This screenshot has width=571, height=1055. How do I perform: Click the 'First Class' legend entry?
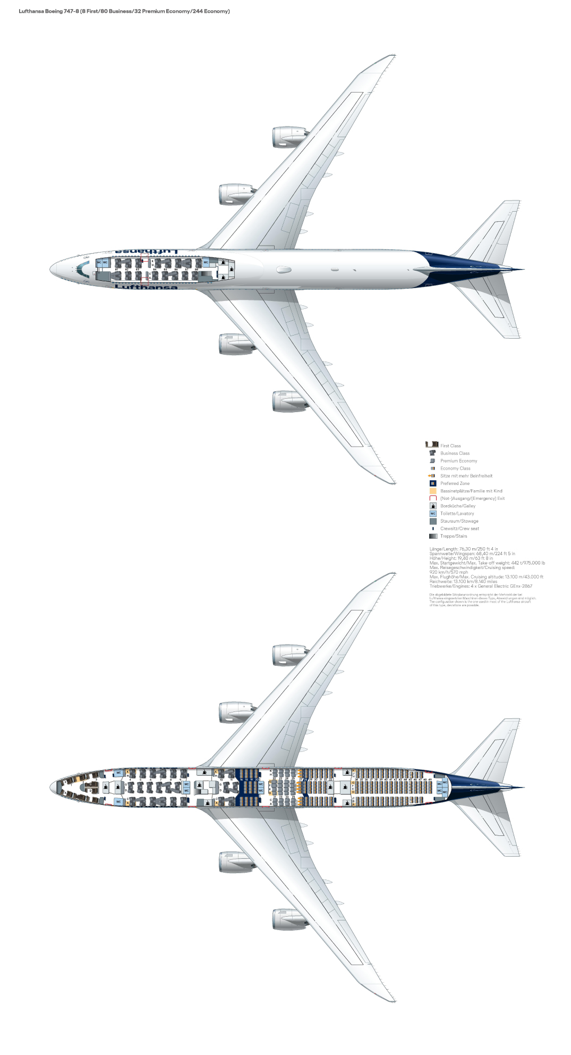coord(450,446)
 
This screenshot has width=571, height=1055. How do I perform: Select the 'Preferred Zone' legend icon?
coord(432,483)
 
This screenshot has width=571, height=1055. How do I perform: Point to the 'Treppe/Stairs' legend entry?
coord(453,536)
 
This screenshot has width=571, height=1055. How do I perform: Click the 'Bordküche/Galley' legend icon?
coord(432,506)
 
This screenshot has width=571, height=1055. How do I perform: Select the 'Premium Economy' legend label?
coord(458,461)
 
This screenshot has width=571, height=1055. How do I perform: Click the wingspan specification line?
coord(472,554)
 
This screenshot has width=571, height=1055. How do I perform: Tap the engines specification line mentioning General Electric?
coord(481,586)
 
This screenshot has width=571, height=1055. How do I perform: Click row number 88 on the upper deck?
coord(197,270)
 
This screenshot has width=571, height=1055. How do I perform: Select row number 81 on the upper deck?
coord(116,270)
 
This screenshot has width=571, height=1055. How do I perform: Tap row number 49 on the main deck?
coord(430,780)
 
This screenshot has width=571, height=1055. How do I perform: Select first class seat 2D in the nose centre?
coord(90,791)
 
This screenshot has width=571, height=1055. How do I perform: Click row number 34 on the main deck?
coord(356,780)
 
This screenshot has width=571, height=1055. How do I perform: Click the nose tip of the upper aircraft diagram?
coord(52,269)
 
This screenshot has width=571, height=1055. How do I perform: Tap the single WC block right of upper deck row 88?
coord(206,263)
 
